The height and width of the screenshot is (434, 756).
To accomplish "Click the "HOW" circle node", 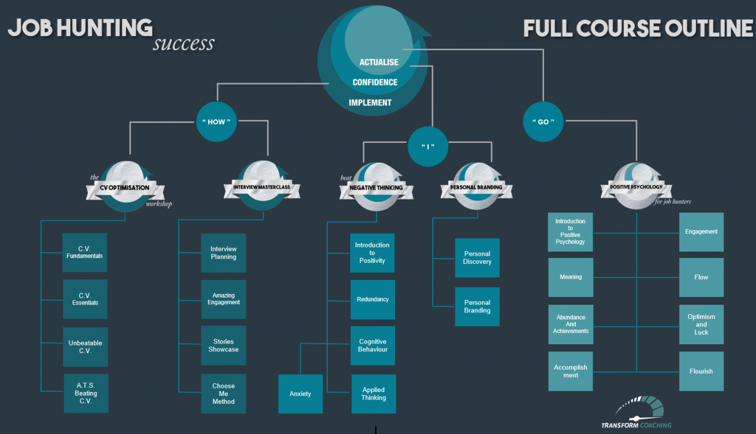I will point(217,122).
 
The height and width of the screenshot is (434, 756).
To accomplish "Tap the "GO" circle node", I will point(543,122).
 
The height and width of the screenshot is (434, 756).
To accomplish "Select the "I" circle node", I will point(428,146).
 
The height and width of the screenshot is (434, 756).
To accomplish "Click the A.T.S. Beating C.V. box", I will point(86,393).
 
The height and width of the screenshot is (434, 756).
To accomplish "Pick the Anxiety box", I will point(300,394).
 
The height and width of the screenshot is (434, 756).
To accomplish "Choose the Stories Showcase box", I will point(223,345).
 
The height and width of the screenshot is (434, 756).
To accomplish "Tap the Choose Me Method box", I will point(223,394).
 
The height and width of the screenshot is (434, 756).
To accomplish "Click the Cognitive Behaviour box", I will point(373,345).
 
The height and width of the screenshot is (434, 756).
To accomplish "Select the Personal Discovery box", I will point(477,258).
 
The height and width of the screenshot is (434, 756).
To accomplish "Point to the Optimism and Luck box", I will point(701,325).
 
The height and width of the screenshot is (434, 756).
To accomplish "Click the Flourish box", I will point(701,371).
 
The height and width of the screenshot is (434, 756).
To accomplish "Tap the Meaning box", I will point(571,277).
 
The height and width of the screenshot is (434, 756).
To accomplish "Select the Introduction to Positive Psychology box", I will point(571,232).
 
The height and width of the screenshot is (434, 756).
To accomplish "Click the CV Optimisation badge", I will point(125,188).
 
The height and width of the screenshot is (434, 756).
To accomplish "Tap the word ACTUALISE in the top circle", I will point(379,62).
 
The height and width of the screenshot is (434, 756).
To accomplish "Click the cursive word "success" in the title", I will point(183,44).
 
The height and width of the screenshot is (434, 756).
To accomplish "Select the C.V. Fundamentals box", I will point(84,253).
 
